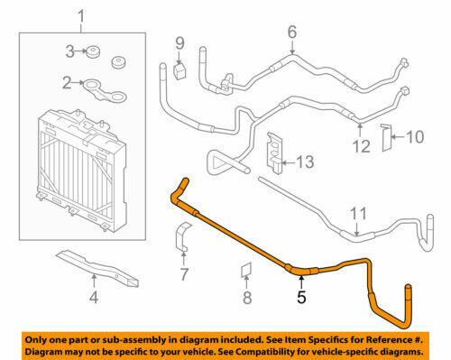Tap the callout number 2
pyautogui.click(x=66, y=84)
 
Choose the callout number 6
pyautogui.click(x=291, y=33)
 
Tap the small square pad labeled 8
pyautogui.click(x=244, y=268)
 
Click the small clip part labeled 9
pyautogui.click(x=179, y=69)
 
